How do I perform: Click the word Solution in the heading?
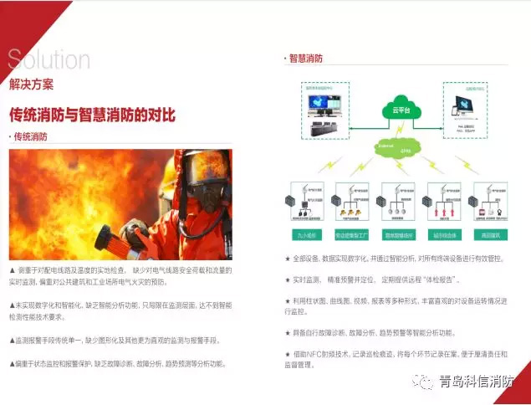[x=49, y=60]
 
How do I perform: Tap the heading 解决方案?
[x=32, y=84]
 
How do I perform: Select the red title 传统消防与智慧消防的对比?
[x=92, y=115]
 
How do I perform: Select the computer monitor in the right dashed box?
[x=459, y=103]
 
